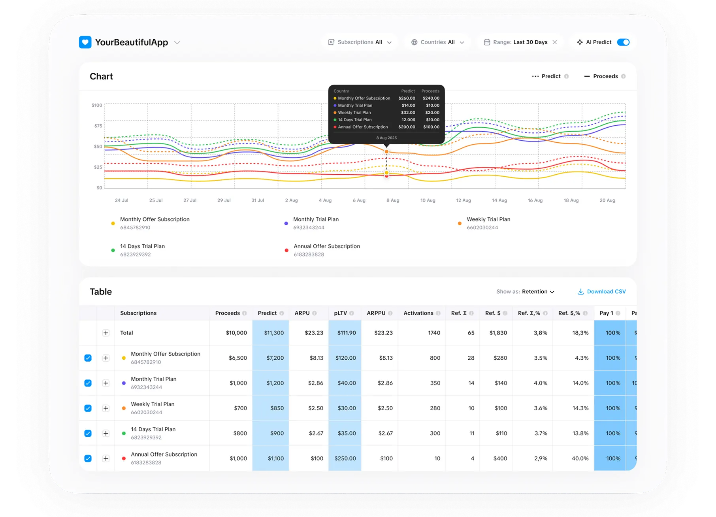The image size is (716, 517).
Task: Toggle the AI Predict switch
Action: (x=623, y=42)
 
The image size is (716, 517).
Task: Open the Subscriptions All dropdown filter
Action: (x=360, y=42)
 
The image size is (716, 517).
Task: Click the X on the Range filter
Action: (x=555, y=42)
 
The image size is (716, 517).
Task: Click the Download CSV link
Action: (x=602, y=292)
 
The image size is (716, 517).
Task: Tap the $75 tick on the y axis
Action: (x=98, y=126)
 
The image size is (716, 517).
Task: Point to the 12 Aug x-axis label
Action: (x=463, y=200)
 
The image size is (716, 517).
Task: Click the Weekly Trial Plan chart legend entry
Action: (x=488, y=219)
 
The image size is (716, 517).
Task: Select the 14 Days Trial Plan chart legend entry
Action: (x=142, y=246)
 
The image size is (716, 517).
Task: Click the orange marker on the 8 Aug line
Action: (x=386, y=152)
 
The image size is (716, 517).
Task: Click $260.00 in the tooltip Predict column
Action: (x=407, y=98)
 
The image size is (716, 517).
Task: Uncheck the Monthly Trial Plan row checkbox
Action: (x=88, y=383)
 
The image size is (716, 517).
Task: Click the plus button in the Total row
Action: (x=106, y=333)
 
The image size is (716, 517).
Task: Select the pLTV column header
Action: (x=340, y=313)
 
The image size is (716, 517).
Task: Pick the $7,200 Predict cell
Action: (x=275, y=358)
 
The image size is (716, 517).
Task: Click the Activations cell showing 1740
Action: (x=434, y=333)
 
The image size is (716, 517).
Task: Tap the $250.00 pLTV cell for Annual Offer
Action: (x=345, y=459)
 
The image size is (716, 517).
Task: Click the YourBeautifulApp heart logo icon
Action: (x=85, y=42)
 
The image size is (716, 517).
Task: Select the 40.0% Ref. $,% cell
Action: (x=580, y=459)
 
